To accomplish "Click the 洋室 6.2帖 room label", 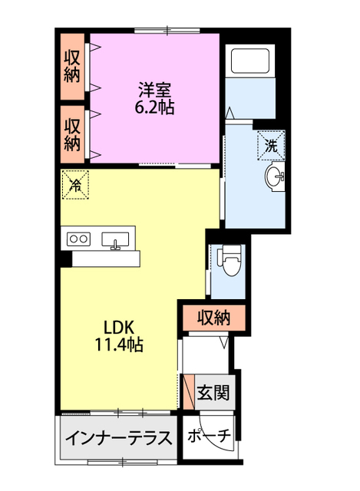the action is (155, 98).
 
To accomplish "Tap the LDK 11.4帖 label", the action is (119, 336).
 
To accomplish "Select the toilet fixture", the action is (230, 260).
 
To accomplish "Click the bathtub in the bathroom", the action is (250, 61).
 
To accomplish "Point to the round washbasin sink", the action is (275, 176).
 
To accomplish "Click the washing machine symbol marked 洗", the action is (271, 146).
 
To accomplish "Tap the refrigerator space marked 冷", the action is (75, 184).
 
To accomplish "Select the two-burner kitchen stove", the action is (78, 239).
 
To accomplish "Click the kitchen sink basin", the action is (115, 239).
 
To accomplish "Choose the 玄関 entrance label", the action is (213, 392).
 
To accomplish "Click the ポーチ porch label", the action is (210, 435).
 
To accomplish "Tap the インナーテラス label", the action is (119, 437).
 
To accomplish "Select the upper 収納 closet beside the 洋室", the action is (72, 67).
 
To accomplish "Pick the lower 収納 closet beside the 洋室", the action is (72, 135).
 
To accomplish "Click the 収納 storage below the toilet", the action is (213, 318).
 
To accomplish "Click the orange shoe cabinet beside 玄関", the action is (189, 392).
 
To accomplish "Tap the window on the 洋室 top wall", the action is (167, 31).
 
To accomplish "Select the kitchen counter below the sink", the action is (106, 259).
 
